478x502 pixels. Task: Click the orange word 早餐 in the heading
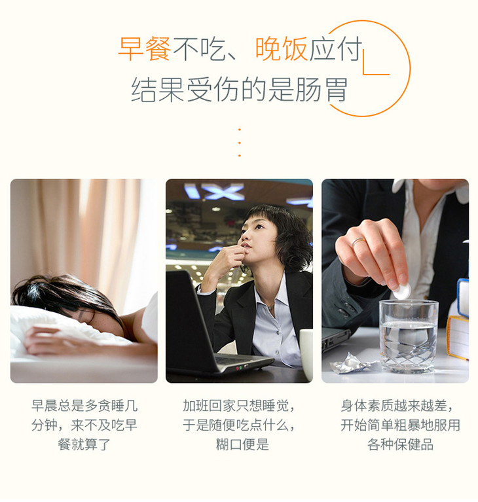145,49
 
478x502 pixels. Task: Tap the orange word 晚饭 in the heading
282,49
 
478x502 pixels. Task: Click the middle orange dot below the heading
239,143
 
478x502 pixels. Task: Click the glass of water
408,336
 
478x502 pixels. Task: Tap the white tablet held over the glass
401,292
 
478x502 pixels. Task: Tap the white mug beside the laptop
306,355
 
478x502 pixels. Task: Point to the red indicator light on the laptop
238,368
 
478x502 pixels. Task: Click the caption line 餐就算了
84,444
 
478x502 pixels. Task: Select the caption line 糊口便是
242,444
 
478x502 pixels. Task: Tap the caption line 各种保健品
400,444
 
